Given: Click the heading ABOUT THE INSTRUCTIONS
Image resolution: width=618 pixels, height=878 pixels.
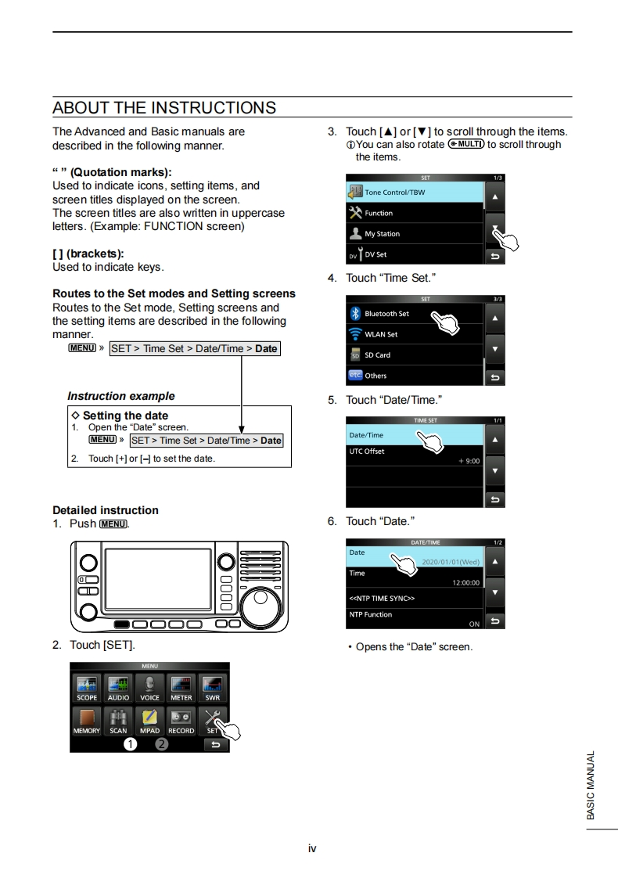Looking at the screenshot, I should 164,108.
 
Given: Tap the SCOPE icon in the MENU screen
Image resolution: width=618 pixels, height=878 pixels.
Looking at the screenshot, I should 87,687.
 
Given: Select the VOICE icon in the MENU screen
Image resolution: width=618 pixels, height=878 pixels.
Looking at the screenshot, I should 149,687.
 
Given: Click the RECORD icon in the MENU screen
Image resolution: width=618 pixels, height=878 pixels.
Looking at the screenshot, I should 181,720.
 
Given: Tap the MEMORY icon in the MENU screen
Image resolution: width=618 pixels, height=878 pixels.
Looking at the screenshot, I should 87,720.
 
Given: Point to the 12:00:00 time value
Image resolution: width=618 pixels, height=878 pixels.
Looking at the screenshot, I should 465,583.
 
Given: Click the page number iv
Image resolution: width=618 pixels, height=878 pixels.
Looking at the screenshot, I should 312,847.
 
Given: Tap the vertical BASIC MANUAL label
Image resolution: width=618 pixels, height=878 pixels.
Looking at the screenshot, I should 591,785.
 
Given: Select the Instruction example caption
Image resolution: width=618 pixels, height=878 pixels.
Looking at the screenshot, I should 121,396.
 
